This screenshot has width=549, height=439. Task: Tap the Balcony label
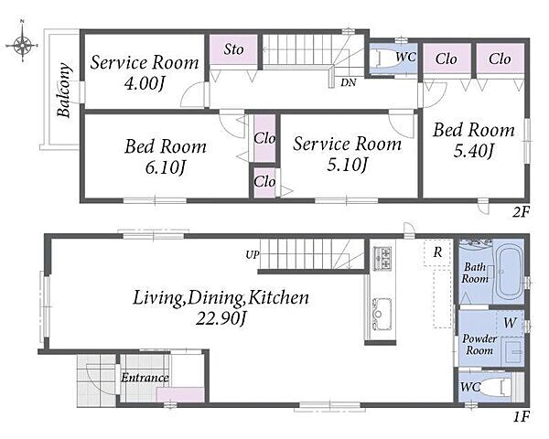click(x=65, y=90)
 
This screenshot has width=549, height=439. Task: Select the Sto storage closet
click(x=233, y=49)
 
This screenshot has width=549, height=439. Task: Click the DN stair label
click(x=349, y=83)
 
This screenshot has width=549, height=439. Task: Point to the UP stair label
click(x=253, y=255)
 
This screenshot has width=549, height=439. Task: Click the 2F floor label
click(x=522, y=212)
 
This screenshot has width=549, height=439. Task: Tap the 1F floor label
click(x=522, y=417)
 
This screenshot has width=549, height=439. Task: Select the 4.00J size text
click(x=145, y=83)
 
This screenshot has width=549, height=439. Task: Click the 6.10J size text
click(x=165, y=168)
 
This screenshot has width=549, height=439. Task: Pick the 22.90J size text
click(x=221, y=318)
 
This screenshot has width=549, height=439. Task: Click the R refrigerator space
click(x=437, y=252)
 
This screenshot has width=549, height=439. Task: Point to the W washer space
click(x=510, y=323)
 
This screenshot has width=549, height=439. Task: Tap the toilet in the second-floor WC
click(x=382, y=59)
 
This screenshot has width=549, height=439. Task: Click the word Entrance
click(x=145, y=378)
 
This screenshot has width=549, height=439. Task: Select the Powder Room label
click(x=479, y=345)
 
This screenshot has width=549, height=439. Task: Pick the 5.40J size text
click(x=473, y=151)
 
